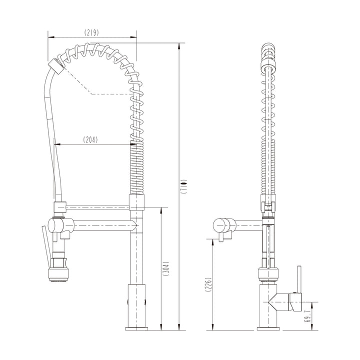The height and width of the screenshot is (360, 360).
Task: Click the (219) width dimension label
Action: pos(91,32)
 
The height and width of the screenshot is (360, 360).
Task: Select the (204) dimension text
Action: pos(90,140)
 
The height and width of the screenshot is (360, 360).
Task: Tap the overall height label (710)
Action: pos(184,186)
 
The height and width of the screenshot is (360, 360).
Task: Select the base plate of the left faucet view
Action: pos(136,328)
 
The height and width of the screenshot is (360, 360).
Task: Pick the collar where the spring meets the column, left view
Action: pos(136,202)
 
